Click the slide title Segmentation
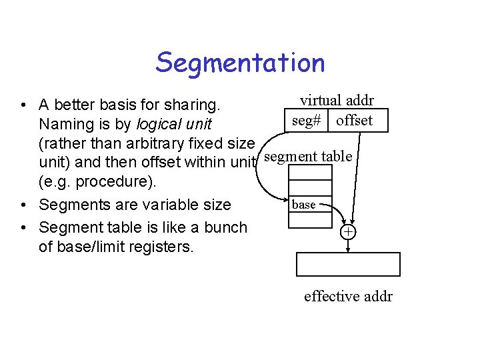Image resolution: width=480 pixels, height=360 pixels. [240, 63]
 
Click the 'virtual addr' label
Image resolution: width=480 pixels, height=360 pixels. [337, 101]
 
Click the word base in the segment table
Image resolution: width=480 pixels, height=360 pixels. [304, 205]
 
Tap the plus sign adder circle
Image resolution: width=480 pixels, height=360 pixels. [347, 232]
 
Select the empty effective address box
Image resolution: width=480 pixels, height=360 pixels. [348, 264]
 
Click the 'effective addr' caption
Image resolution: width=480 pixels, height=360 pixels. [348, 296]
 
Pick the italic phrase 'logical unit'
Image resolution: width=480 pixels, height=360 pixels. [173, 124]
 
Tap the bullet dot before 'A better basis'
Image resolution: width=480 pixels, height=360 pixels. [23, 105]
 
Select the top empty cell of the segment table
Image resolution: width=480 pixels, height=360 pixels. [310, 173]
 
